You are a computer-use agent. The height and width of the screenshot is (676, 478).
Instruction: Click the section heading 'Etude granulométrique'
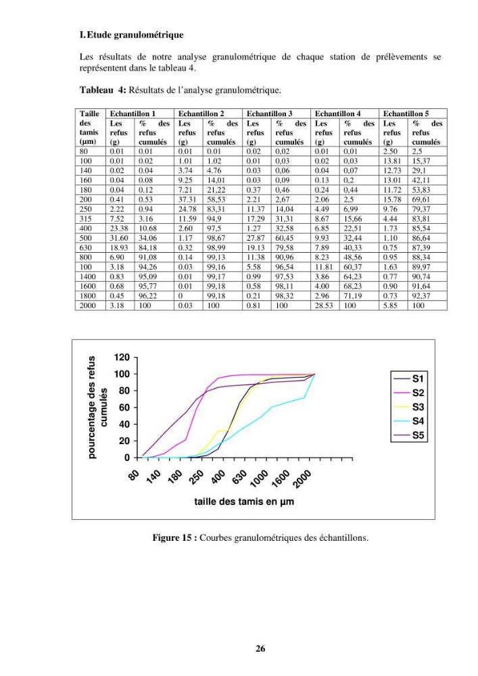point(135,35)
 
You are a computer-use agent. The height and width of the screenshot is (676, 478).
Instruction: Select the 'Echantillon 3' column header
point(269,114)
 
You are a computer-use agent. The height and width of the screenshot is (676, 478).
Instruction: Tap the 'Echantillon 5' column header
point(406,114)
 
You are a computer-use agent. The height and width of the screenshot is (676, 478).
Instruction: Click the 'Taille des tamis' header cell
point(90,128)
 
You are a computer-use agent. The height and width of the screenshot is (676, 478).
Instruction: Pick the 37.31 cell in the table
point(187,199)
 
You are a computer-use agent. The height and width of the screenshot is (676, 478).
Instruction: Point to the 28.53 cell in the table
point(324,306)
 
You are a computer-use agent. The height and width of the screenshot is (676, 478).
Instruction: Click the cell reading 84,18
point(148,248)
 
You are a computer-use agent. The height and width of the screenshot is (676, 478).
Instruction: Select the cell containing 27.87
point(256,238)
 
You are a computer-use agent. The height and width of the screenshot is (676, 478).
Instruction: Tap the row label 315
point(85,219)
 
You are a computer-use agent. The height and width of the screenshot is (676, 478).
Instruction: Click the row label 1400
point(87,276)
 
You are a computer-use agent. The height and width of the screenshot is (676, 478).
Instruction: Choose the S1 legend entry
point(409,379)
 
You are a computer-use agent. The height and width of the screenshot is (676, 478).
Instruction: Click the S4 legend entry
point(409,420)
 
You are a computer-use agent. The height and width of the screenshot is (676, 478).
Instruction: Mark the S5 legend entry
point(409,435)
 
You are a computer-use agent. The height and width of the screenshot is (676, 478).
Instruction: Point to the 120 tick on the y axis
point(122,358)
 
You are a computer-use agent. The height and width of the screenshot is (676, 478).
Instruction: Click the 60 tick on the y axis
point(124,408)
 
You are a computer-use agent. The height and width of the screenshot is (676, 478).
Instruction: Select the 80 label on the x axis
point(134,475)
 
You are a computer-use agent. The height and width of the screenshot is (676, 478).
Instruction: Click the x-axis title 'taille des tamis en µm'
point(244,502)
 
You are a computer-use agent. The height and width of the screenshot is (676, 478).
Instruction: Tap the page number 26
point(260,648)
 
